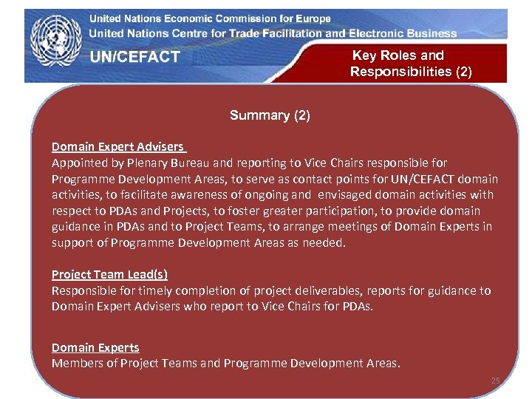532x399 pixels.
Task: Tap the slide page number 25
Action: [496, 381]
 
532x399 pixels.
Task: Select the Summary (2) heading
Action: [270, 115]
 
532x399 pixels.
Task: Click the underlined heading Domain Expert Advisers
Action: [118, 146]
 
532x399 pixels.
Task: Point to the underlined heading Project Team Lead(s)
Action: [109, 274]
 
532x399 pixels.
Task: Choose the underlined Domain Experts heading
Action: [95, 347]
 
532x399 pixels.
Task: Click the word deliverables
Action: [324, 290]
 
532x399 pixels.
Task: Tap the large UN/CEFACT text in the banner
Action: [135, 57]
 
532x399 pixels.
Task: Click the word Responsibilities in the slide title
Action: [411, 72]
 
